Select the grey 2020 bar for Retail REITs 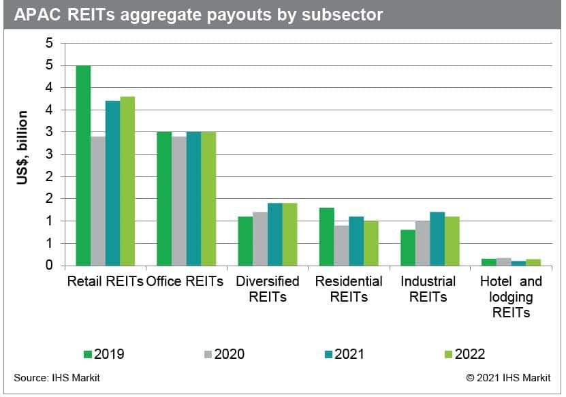pos(98,201)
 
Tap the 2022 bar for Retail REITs pos(127,181)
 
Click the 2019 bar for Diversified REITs pos(245,241)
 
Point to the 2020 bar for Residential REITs pos(341,245)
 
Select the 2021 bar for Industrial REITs pos(437,239)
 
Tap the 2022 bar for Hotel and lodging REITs pos(533,262)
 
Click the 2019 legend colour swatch pos(87,354)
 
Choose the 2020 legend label pos(229,354)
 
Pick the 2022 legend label pos(469,354)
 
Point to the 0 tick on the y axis pos(48,266)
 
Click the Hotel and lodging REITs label pos(511,297)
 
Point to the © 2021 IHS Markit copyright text pos(508,378)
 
